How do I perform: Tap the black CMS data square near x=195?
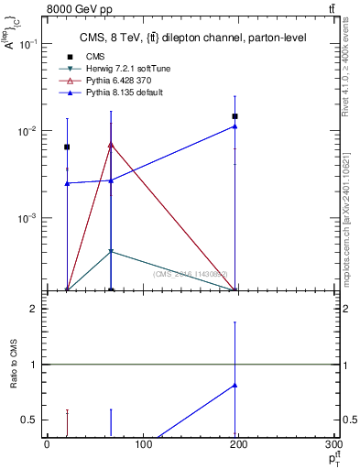pos(235,116)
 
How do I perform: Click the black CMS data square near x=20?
pos(67,147)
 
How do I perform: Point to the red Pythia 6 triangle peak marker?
pos(111,144)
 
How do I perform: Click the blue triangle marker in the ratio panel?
pos(235,385)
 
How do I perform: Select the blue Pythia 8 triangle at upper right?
pos(235,126)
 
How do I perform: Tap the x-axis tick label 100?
pos(143,446)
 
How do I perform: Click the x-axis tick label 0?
pos(47,446)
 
